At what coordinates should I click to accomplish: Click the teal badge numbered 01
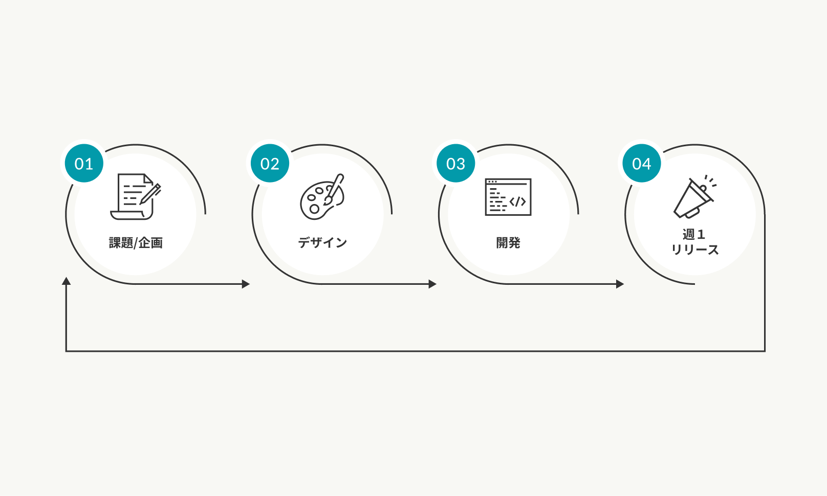click(x=84, y=164)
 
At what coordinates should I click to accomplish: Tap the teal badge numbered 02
click(x=270, y=164)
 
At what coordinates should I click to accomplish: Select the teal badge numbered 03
click(x=455, y=164)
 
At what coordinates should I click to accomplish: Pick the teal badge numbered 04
click(x=642, y=164)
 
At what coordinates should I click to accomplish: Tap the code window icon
click(x=508, y=197)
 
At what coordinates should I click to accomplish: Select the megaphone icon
click(x=694, y=197)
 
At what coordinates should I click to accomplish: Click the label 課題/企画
click(x=136, y=243)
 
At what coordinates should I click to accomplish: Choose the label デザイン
click(x=322, y=243)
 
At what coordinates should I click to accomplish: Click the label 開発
click(x=508, y=243)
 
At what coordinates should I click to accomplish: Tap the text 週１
click(x=694, y=235)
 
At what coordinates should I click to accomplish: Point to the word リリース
click(x=695, y=250)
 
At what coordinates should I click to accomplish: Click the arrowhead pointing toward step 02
click(x=246, y=284)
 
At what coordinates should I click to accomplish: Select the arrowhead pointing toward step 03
click(x=433, y=284)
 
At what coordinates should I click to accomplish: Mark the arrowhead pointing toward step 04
click(x=620, y=284)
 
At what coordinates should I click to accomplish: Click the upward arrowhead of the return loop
click(x=66, y=281)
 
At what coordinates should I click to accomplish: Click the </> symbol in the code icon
click(x=517, y=202)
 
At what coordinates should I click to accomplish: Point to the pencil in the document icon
click(x=151, y=194)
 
